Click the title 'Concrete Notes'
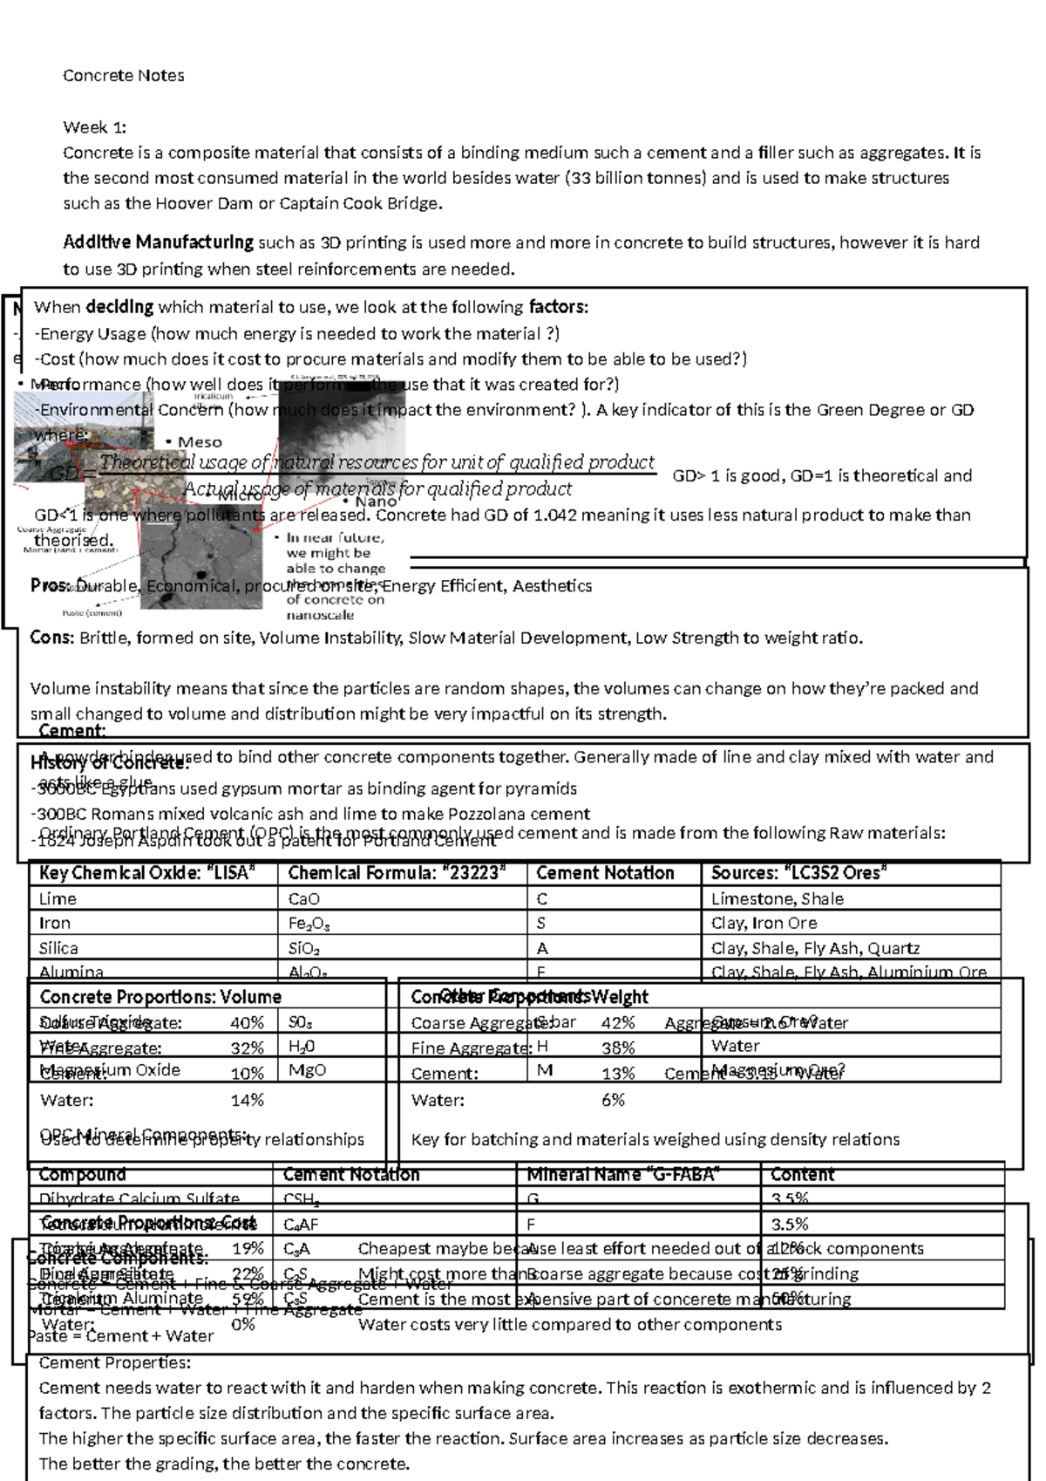(123, 76)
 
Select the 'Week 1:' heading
(94, 127)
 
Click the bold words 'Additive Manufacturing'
(158, 242)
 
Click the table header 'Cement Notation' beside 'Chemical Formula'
(605, 873)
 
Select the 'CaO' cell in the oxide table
(303, 899)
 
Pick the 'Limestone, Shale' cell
(777, 899)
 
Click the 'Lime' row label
(58, 899)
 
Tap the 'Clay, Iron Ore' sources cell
(764, 924)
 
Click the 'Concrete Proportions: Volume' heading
(160, 997)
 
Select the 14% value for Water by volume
(247, 1101)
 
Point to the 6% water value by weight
(613, 1101)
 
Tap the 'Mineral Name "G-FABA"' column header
(622, 1175)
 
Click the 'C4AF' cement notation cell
(296, 1225)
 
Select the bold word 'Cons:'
(51, 638)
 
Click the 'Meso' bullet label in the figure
(199, 442)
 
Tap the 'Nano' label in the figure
(375, 502)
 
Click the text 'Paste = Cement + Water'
(120, 1336)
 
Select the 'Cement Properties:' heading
(114, 1363)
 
